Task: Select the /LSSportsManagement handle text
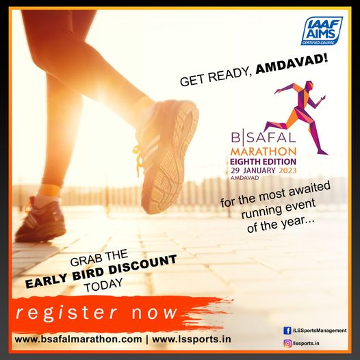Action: [319, 331]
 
